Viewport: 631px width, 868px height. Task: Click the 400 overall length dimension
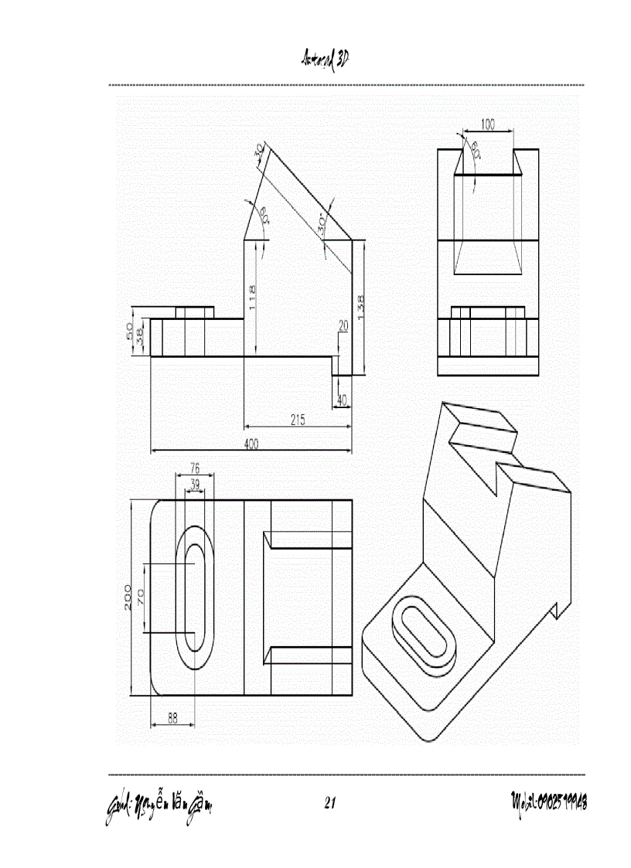[x=251, y=444]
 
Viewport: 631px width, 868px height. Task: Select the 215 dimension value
[x=298, y=420]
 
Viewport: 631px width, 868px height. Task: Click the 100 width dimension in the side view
[x=488, y=124]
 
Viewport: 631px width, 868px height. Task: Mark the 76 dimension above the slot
[x=195, y=468]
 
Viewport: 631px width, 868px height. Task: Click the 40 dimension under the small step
[x=342, y=400]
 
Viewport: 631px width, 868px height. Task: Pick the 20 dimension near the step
[x=343, y=326]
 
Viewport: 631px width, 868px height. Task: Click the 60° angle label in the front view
[x=264, y=216]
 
